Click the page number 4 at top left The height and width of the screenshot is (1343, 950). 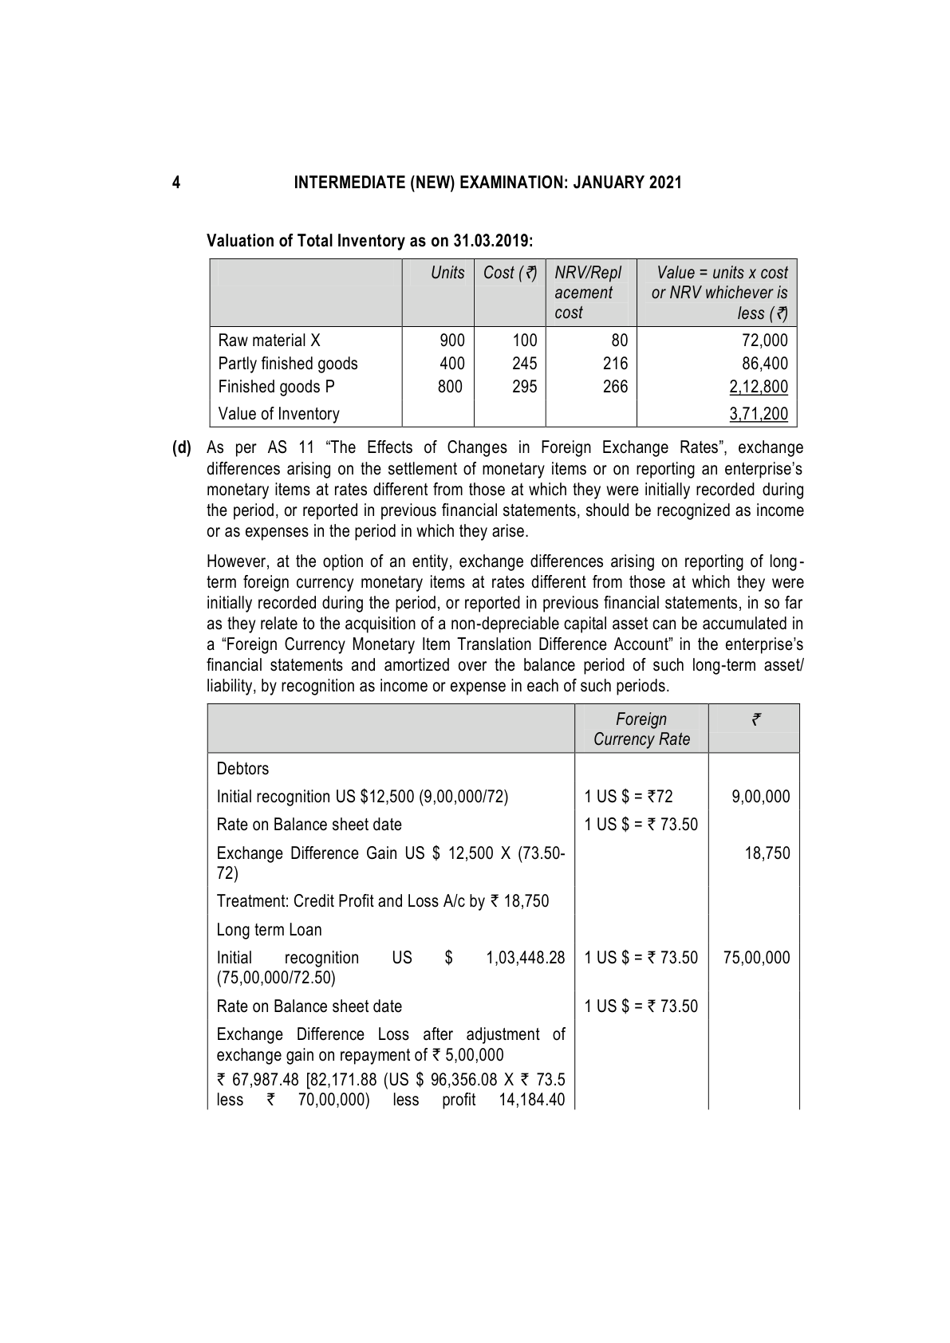click(x=176, y=183)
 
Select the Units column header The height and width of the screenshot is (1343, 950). click(x=447, y=273)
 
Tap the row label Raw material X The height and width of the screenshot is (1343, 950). click(x=269, y=341)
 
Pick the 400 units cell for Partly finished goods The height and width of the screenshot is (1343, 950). click(x=451, y=364)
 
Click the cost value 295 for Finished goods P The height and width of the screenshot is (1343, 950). click(x=524, y=387)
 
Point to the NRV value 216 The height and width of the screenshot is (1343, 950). click(x=615, y=364)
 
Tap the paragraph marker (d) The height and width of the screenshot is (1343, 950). click(x=183, y=448)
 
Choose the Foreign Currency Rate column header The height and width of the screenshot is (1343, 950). click(x=641, y=729)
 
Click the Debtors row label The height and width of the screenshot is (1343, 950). click(x=242, y=769)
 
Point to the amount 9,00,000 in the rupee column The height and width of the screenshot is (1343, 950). click(x=760, y=797)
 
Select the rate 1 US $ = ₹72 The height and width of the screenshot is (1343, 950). click(x=629, y=797)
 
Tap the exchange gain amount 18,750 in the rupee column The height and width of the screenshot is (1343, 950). click(x=767, y=853)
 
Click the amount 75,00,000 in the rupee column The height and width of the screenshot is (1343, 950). click(x=756, y=958)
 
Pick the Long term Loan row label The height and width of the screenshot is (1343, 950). click(x=269, y=930)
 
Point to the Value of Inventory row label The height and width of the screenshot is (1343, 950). click(x=278, y=414)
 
